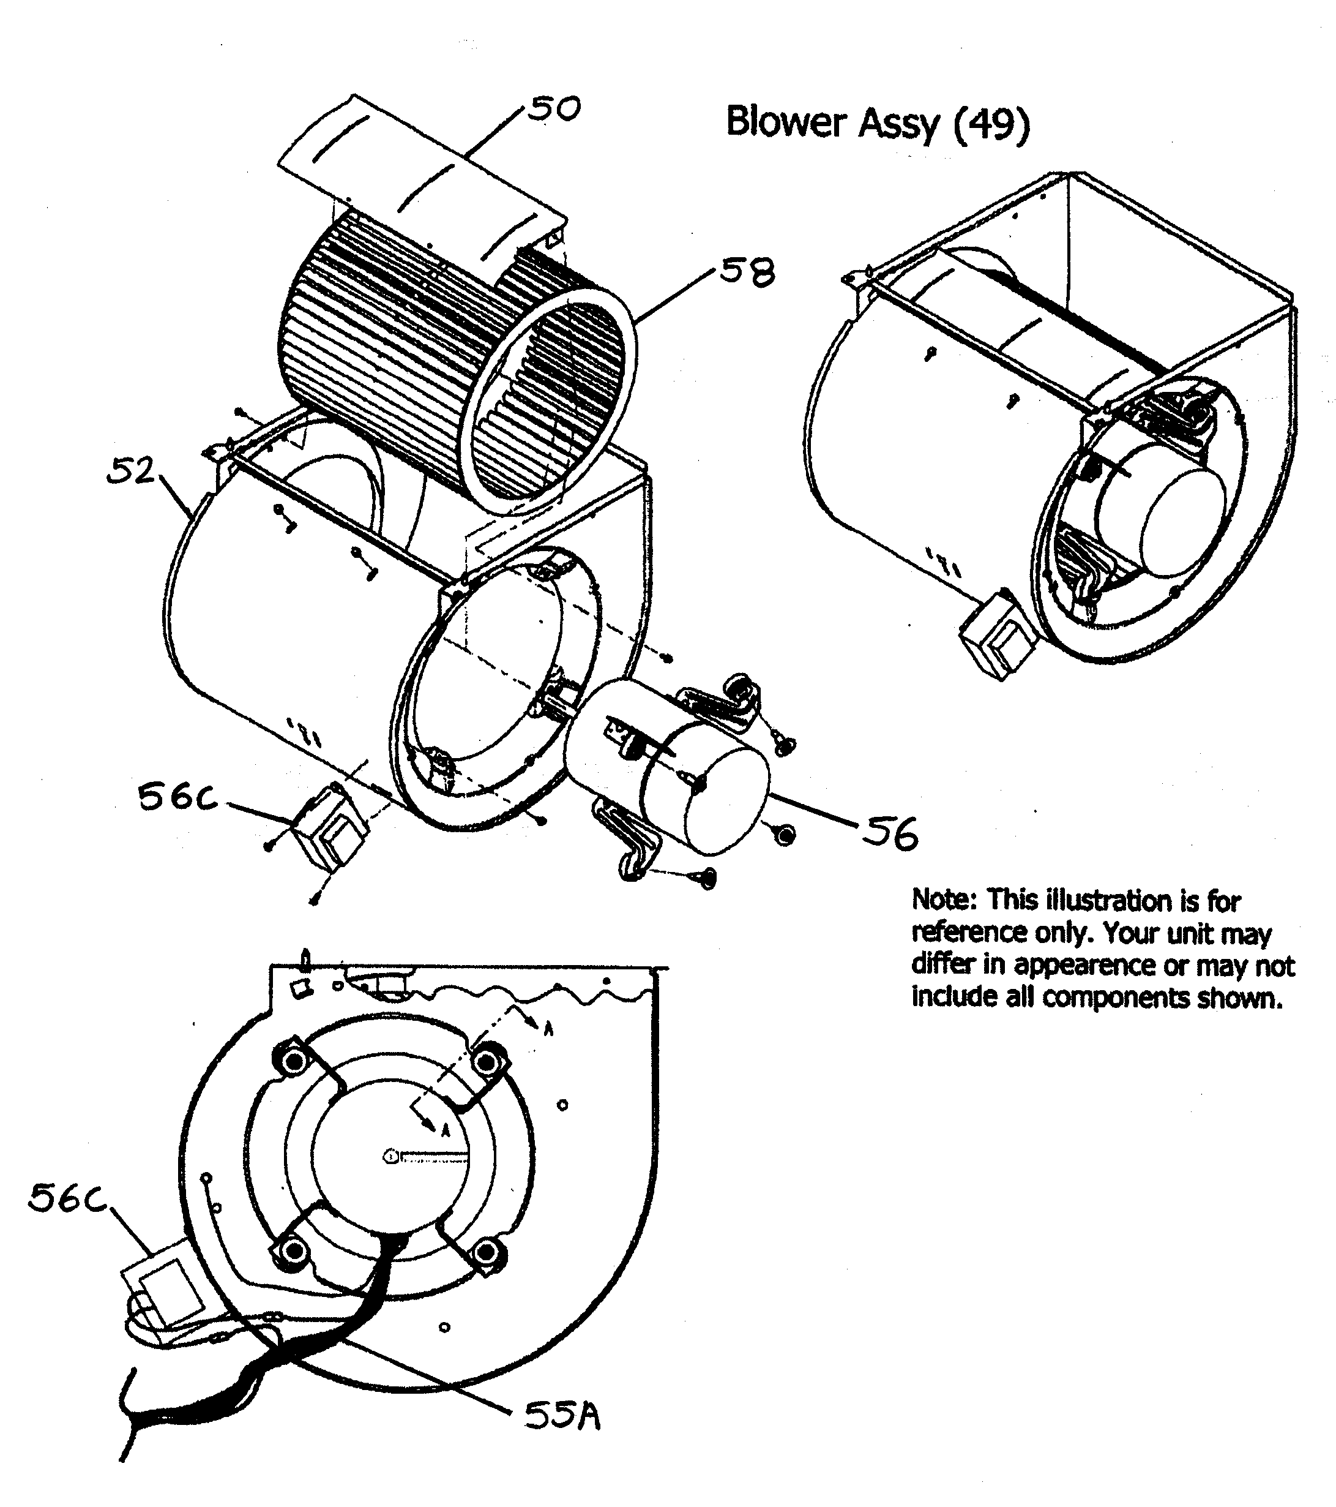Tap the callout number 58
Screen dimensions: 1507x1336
pos(747,272)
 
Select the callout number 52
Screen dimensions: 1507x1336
pos(130,471)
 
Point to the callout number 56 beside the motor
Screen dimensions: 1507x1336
pos(891,834)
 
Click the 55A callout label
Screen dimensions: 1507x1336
pos(562,1416)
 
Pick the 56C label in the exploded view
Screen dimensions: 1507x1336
pos(177,798)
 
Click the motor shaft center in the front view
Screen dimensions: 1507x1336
pos(390,1157)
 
